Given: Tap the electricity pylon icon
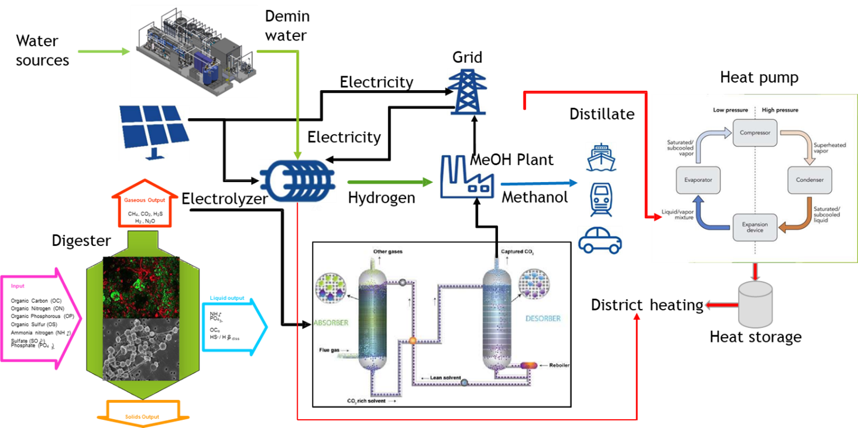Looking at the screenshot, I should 466,91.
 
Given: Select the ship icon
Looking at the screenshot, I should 601,156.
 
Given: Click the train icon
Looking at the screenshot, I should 601,199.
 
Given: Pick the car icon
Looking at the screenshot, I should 600,240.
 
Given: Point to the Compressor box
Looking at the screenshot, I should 754,132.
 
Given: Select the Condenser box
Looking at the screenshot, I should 810,180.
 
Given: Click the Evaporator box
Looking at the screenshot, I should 698,180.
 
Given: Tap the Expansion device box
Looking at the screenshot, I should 755,228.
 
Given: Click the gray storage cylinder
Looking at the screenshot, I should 756,303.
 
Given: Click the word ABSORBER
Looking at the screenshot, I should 331,322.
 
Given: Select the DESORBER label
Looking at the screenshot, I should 540,319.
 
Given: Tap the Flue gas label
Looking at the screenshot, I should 331,350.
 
